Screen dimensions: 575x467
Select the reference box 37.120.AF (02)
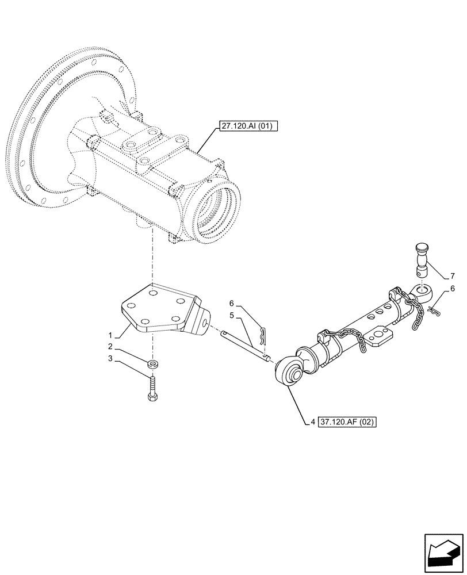(350, 421)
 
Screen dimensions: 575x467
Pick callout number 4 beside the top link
(312, 421)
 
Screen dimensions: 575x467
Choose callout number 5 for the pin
(231, 316)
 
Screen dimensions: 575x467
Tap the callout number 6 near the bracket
(231, 303)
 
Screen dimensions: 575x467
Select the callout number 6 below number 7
(453, 288)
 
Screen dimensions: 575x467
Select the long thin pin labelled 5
(244, 347)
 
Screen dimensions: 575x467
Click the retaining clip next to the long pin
(263, 336)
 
